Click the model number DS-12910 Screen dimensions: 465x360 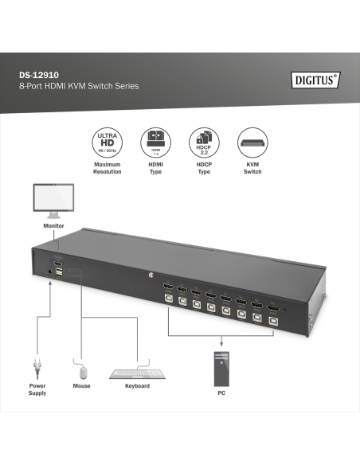click(39, 75)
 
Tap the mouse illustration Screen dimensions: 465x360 click(80, 370)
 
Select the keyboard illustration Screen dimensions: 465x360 click(137, 373)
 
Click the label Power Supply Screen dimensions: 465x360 click(37, 389)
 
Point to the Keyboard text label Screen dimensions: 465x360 click(137, 386)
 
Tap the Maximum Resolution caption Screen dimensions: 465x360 click(107, 168)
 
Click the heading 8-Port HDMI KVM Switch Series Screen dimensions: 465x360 click(79, 85)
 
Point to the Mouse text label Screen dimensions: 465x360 click(81, 386)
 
